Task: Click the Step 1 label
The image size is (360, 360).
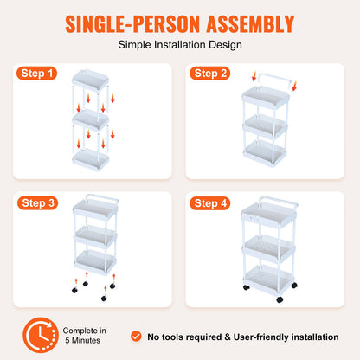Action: click(39, 74)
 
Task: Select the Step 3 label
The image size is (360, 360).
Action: click(39, 203)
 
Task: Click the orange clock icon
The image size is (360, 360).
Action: click(39, 335)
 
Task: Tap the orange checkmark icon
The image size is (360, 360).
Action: click(136, 335)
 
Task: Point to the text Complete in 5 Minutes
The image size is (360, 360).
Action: click(85, 335)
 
